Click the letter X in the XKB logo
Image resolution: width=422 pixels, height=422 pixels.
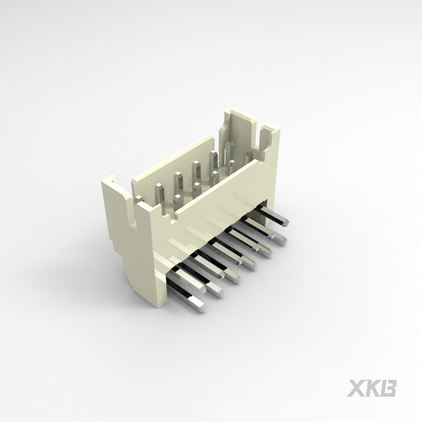(x=356, y=388)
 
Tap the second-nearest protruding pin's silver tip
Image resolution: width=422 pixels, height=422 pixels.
(x=216, y=289)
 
